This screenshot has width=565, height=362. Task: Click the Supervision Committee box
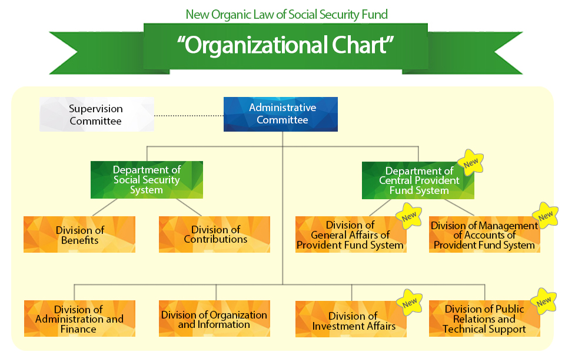point(97,114)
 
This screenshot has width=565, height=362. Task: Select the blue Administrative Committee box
point(281,114)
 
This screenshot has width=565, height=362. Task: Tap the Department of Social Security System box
point(147,180)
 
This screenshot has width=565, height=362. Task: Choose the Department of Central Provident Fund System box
point(418,180)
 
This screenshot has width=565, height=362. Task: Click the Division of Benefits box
point(79,234)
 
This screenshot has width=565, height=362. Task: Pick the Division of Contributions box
point(214,234)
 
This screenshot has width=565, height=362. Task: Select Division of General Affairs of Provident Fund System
point(351,234)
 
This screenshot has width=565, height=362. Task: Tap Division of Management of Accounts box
point(484,234)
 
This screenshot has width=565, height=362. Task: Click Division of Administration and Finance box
point(79,319)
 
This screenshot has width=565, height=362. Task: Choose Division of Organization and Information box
point(214,319)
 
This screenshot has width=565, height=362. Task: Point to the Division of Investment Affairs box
point(351,319)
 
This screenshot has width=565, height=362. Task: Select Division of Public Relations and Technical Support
point(484,319)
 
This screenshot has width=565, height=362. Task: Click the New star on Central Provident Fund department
point(470,163)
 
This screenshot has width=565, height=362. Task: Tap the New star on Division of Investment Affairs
point(410,303)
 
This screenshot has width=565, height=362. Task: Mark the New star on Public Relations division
point(544,301)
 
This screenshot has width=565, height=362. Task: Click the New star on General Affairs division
point(409,216)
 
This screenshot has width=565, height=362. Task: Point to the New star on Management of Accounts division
point(546,215)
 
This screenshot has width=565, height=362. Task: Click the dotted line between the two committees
point(189,116)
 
